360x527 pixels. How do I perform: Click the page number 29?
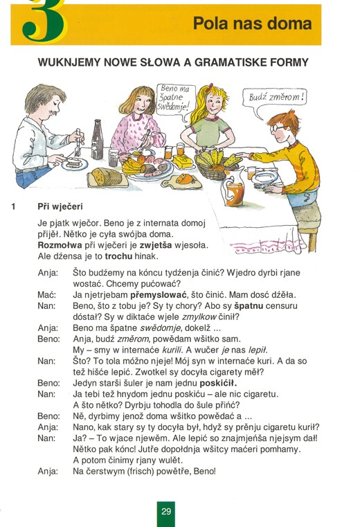pos(166,512)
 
